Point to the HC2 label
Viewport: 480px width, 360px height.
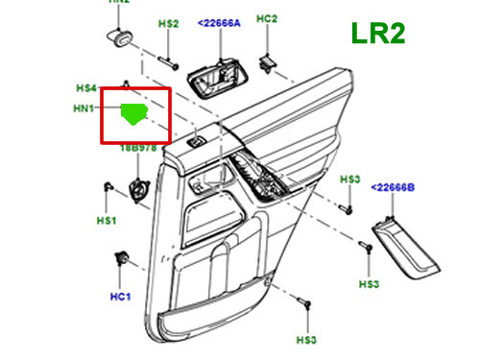[268, 19]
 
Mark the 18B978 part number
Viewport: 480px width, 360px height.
[138, 150]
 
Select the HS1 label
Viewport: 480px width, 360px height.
[106, 221]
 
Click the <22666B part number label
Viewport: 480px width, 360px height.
[394, 186]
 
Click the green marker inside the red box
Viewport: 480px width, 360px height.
[135, 114]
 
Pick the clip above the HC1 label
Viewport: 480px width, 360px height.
[122, 257]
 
